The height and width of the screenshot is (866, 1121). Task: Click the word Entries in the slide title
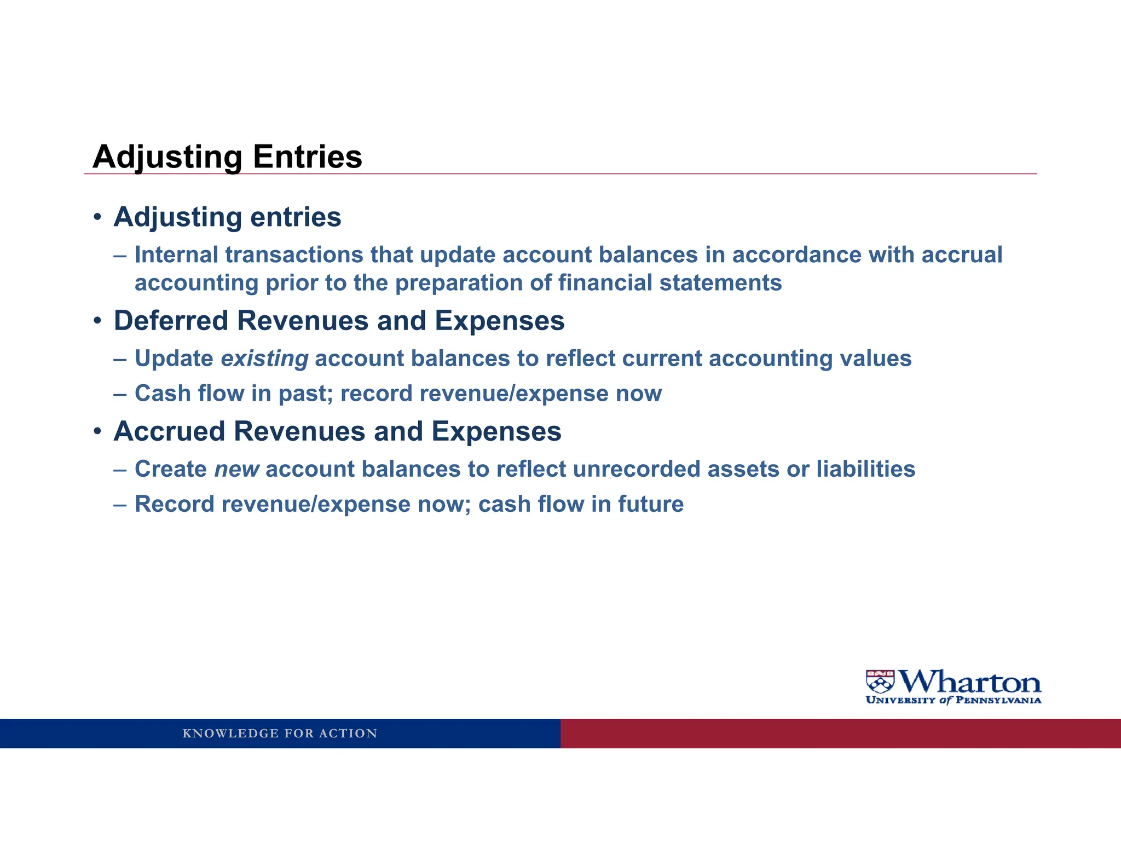[307, 157]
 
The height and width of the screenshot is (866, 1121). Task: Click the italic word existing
[264, 359]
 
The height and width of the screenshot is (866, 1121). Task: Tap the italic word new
[236, 470]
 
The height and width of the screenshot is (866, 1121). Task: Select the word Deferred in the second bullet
[171, 321]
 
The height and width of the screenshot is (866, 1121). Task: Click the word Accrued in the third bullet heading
[169, 431]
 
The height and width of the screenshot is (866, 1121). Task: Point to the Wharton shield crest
[880, 682]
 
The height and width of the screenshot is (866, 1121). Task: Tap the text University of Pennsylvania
[953, 700]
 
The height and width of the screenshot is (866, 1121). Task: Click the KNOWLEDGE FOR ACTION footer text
[280, 734]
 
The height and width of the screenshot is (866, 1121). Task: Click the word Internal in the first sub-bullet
[176, 255]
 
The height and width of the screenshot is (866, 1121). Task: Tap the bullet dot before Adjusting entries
[97, 217]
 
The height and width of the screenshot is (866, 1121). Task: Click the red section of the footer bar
[840, 734]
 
